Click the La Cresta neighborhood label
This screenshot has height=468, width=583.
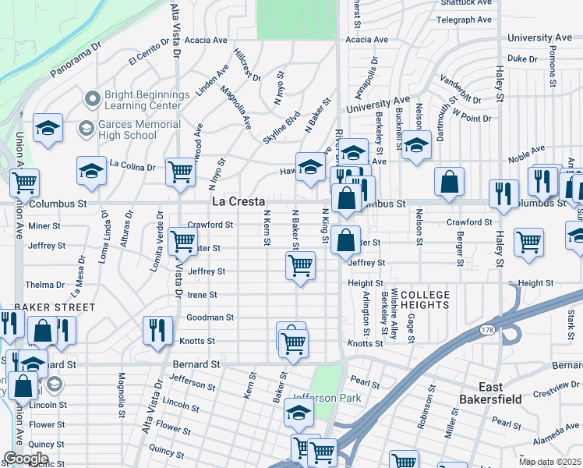(x=238, y=201)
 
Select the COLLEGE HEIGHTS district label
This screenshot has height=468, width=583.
(x=426, y=300)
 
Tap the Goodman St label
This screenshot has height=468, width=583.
(x=210, y=318)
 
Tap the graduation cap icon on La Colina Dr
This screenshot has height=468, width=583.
(x=91, y=172)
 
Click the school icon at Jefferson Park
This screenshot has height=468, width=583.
(x=299, y=413)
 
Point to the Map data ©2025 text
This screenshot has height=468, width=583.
(x=549, y=462)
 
